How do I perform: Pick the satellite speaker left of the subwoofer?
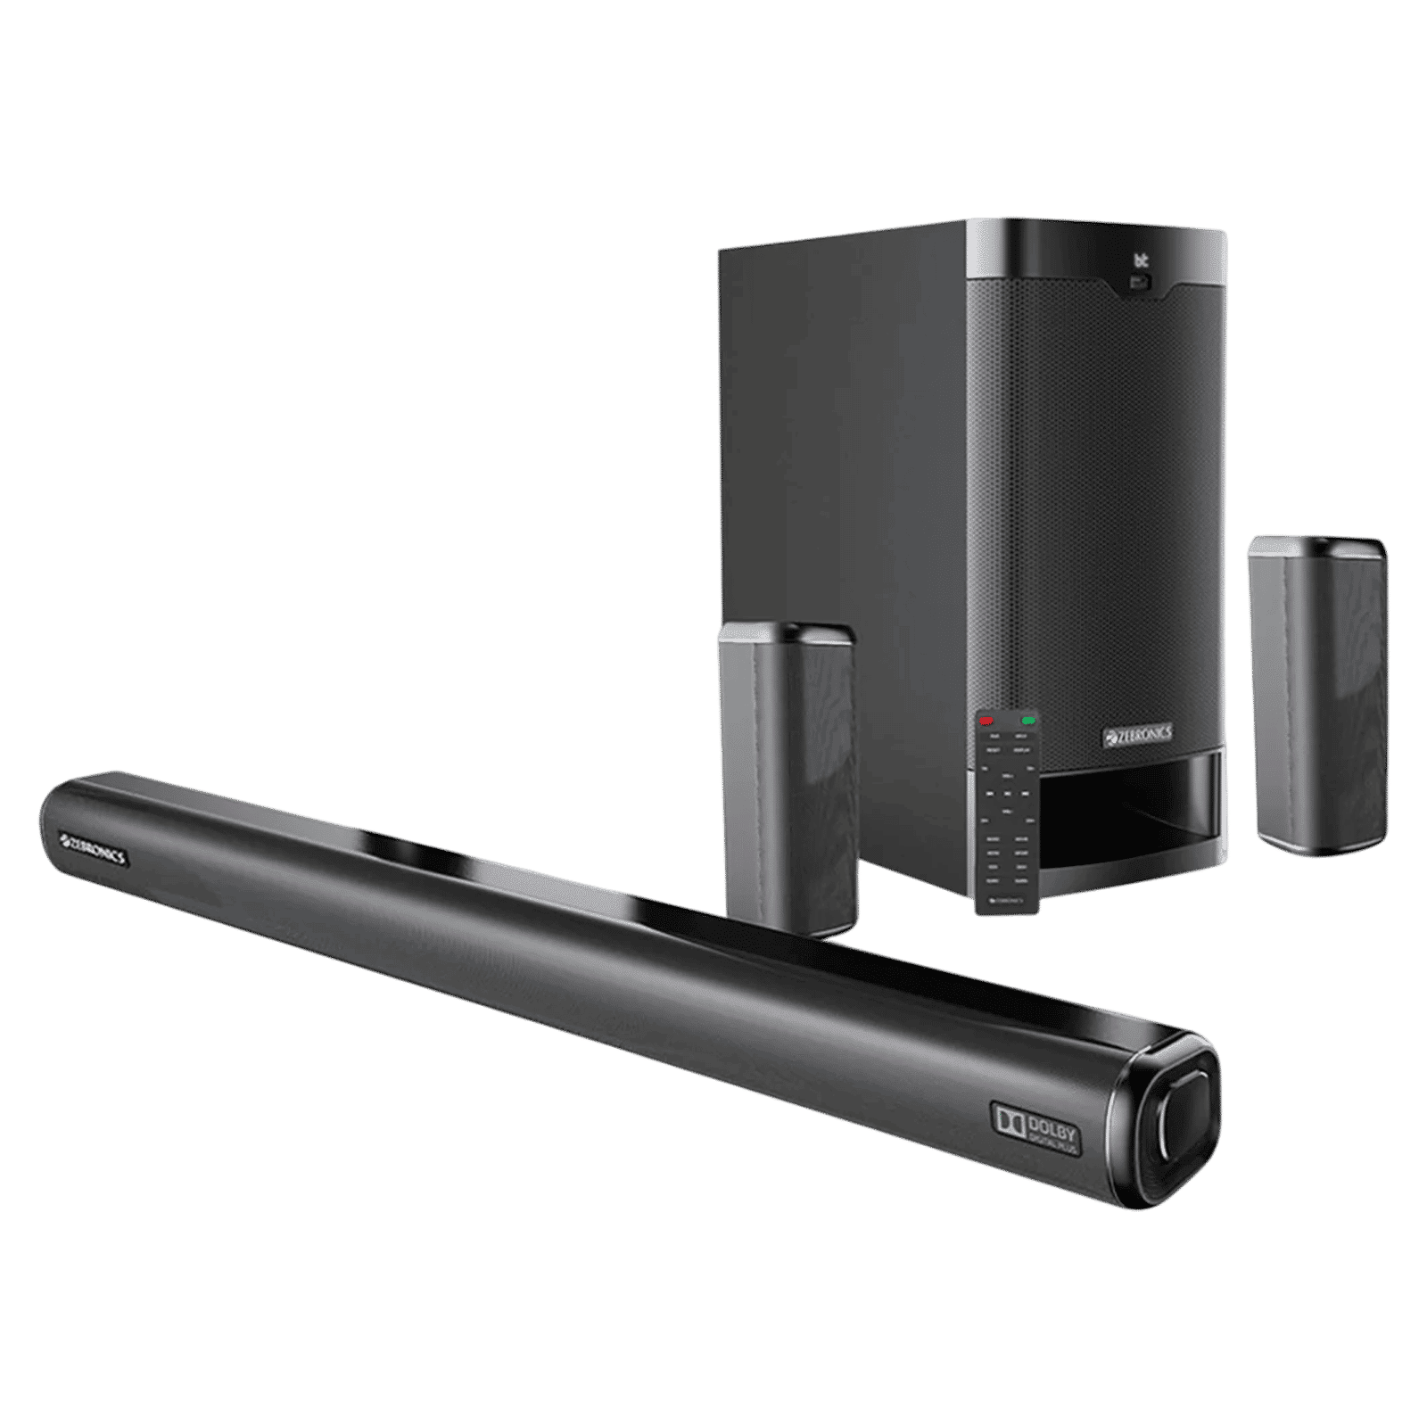click(785, 776)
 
